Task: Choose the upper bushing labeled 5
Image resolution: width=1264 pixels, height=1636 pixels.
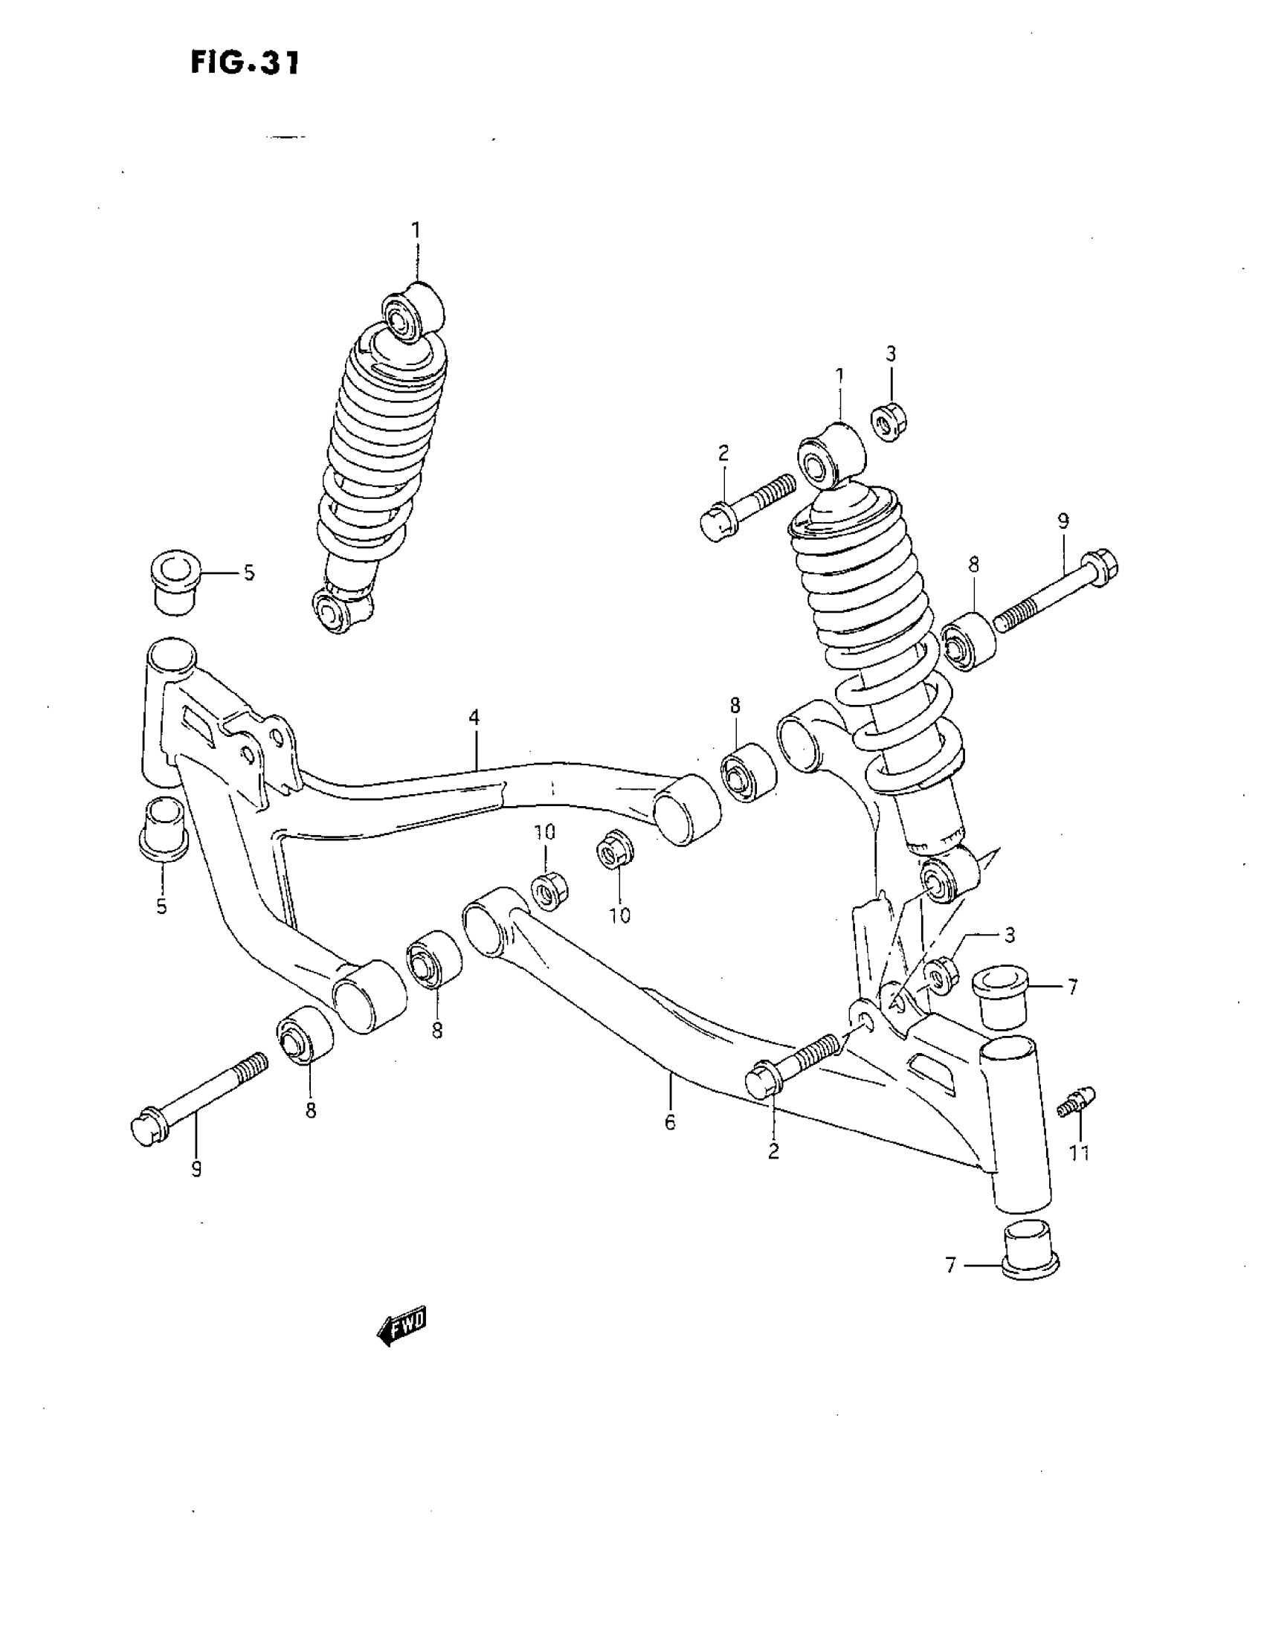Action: (x=175, y=582)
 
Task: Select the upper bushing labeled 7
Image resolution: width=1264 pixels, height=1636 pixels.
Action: (x=1000, y=995)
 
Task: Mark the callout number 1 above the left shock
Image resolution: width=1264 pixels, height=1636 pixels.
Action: (x=416, y=230)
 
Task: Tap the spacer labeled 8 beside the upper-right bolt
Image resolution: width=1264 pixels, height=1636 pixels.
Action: (x=969, y=640)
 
